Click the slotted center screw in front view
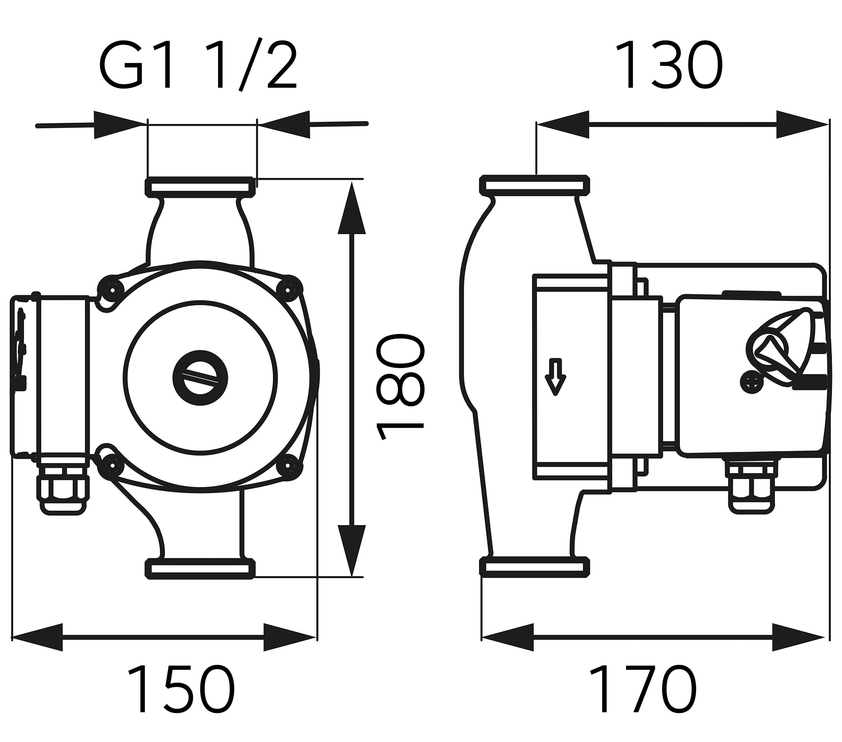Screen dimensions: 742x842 pos(200,378)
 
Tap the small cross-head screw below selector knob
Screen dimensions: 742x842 pos(752,382)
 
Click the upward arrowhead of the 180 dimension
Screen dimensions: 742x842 pos(351,208)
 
